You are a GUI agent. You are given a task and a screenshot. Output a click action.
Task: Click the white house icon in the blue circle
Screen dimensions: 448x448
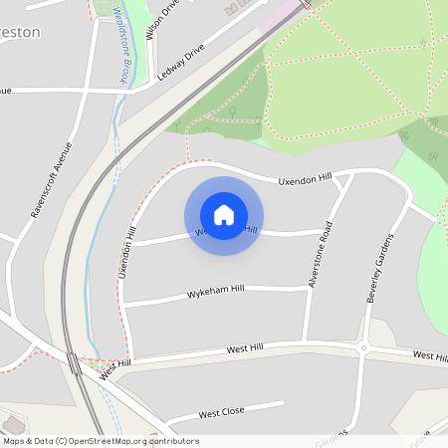point(224,215)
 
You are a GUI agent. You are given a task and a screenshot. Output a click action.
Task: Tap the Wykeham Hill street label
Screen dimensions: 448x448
point(216,295)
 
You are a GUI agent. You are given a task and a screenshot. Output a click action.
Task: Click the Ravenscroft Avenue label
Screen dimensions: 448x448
point(52,178)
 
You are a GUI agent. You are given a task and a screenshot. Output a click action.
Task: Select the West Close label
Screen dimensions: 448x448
point(221,413)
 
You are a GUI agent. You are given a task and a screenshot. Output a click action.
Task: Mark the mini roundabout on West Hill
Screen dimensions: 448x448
point(365,348)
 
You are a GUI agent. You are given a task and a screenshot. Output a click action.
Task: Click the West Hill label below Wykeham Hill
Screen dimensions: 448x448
point(245,349)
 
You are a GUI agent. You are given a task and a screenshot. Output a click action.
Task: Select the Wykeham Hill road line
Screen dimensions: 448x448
point(159,300)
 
